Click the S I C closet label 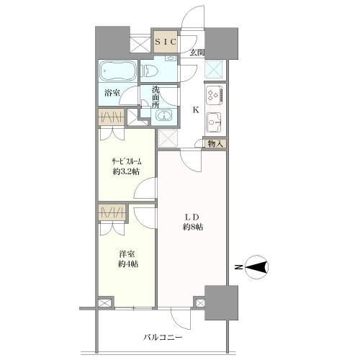pos(167,43)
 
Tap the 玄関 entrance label pos(197,53)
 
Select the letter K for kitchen pos(196,109)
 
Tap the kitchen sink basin pos(215,120)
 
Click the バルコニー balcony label pos(162,337)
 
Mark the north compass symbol pos(256,268)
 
